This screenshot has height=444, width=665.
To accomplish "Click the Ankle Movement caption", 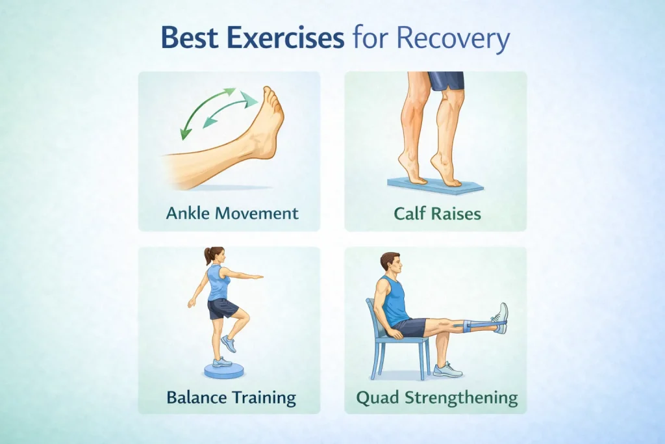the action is (232, 213).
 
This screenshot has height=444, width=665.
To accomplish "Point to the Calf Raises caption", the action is (437, 213).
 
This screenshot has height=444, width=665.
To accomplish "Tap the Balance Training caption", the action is (231, 397).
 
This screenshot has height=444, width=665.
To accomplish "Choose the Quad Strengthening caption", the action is (437, 398).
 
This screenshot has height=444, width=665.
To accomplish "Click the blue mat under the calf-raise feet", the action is (435, 185).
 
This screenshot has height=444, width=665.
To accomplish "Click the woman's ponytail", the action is (207, 255).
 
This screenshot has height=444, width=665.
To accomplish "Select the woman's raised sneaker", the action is (229, 344).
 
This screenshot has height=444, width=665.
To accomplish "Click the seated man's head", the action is (390, 265).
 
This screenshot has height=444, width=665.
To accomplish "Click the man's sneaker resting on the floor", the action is (447, 370).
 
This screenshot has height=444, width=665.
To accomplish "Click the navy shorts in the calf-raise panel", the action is (445, 81).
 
